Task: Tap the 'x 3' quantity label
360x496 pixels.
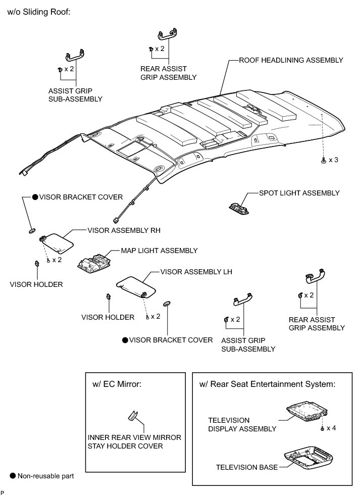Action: tap(333, 160)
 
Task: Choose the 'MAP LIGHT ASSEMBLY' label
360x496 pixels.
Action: tap(159, 251)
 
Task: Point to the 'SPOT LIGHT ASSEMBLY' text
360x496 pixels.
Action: tap(299, 193)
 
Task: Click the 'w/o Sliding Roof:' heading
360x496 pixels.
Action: tap(39, 11)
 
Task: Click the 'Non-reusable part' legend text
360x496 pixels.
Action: tap(46, 476)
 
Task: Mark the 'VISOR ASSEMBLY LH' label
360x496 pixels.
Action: tap(196, 272)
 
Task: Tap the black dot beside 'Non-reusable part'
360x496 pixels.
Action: tap(13, 476)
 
